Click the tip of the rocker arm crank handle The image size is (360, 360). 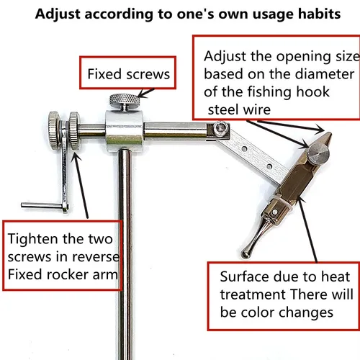(x=24, y=205)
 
